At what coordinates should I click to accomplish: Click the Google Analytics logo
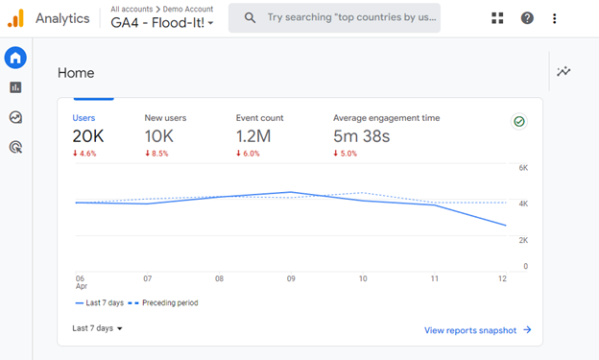pos(15,17)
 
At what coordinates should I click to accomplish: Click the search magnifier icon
pos(250,17)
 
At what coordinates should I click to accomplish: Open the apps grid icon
pos(497,17)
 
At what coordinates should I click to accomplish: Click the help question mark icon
pos(527,17)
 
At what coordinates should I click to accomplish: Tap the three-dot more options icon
pos(555,17)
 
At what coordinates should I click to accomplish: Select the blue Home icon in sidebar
pos(15,59)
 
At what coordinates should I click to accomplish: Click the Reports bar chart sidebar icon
pos(15,87)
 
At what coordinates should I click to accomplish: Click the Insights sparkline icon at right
pos(563,71)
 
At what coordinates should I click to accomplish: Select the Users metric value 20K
pos(87,135)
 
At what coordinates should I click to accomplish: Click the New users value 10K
pos(158,135)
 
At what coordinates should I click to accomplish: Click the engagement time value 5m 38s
pos(362,135)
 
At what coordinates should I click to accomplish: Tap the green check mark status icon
pos(519,122)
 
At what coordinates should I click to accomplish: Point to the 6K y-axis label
pos(523,167)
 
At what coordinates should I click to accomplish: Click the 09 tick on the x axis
pos(292,278)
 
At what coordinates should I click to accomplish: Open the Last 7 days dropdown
pos(97,328)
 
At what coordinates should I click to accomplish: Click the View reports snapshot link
pos(477,330)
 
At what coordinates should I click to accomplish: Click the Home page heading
pos(76,73)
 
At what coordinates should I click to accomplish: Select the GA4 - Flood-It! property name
pos(161,22)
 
